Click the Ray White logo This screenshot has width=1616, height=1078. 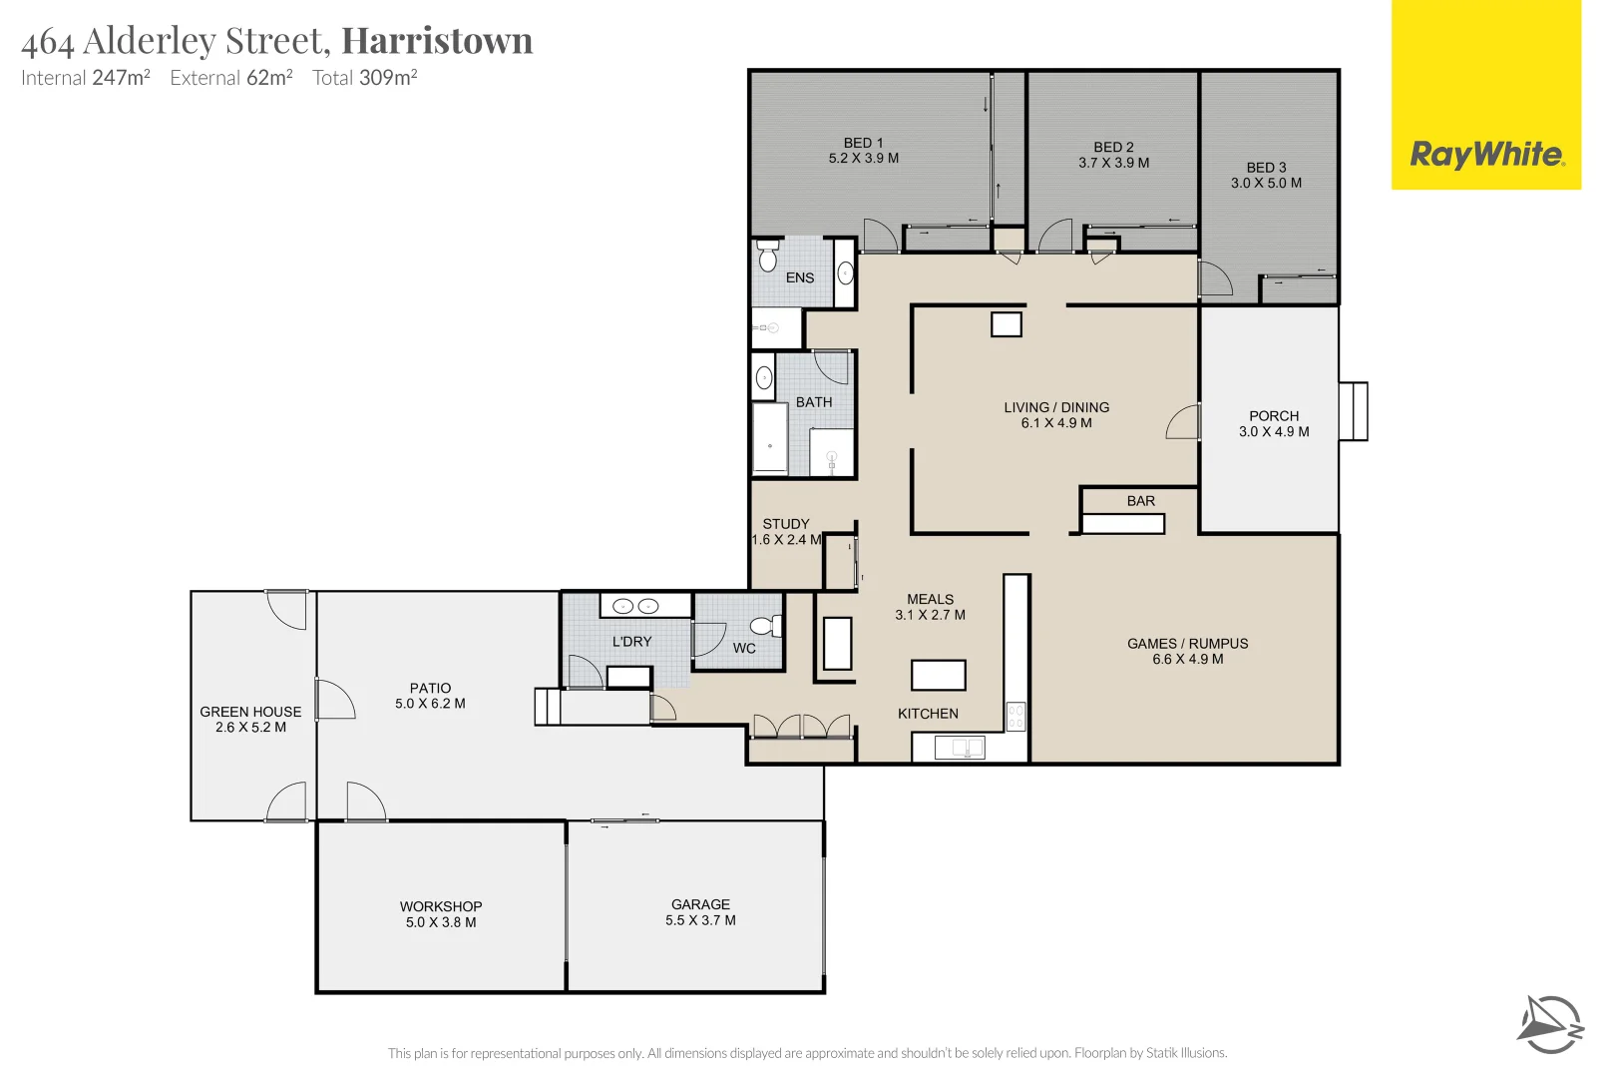pyautogui.click(x=1486, y=155)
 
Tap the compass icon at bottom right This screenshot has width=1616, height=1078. pyautogui.click(x=1551, y=1024)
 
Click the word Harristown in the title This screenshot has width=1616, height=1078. pyautogui.click(x=437, y=41)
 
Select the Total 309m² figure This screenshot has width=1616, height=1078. pyautogui.click(x=364, y=78)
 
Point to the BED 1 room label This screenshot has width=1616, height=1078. pyautogui.click(x=863, y=143)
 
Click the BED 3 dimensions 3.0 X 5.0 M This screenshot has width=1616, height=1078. pyautogui.click(x=1266, y=183)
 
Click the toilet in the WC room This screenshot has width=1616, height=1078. pyautogui.click(x=765, y=626)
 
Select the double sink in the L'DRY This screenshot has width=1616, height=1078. pyautogui.click(x=635, y=606)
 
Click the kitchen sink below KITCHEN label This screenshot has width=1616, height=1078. pyautogui.click(x=960, y=747)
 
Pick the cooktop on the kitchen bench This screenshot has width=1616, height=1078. pyautogui.click(x=1015, y=716)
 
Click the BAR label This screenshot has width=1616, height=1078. pyautogui.click(x=1140, y=501)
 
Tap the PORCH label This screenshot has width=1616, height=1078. pyautogui.click(x=1274, y=415)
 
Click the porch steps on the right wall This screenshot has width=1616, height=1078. pyautogui.click(x=1353, y=411)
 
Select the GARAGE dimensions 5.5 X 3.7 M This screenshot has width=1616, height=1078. pyautogui.click(x=700, y=920)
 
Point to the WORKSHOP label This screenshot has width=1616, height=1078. pyautogui.click(x=441, y=906)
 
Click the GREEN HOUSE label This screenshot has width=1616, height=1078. pyautogui.click(x=250, y=712)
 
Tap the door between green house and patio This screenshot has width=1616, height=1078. pyautogui.click(x=332, y=699)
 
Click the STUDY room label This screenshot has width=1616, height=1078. pyautogui.click(x=786, y=523)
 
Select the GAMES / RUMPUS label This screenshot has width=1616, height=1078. pyautogui.click(x=1187, y=643)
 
